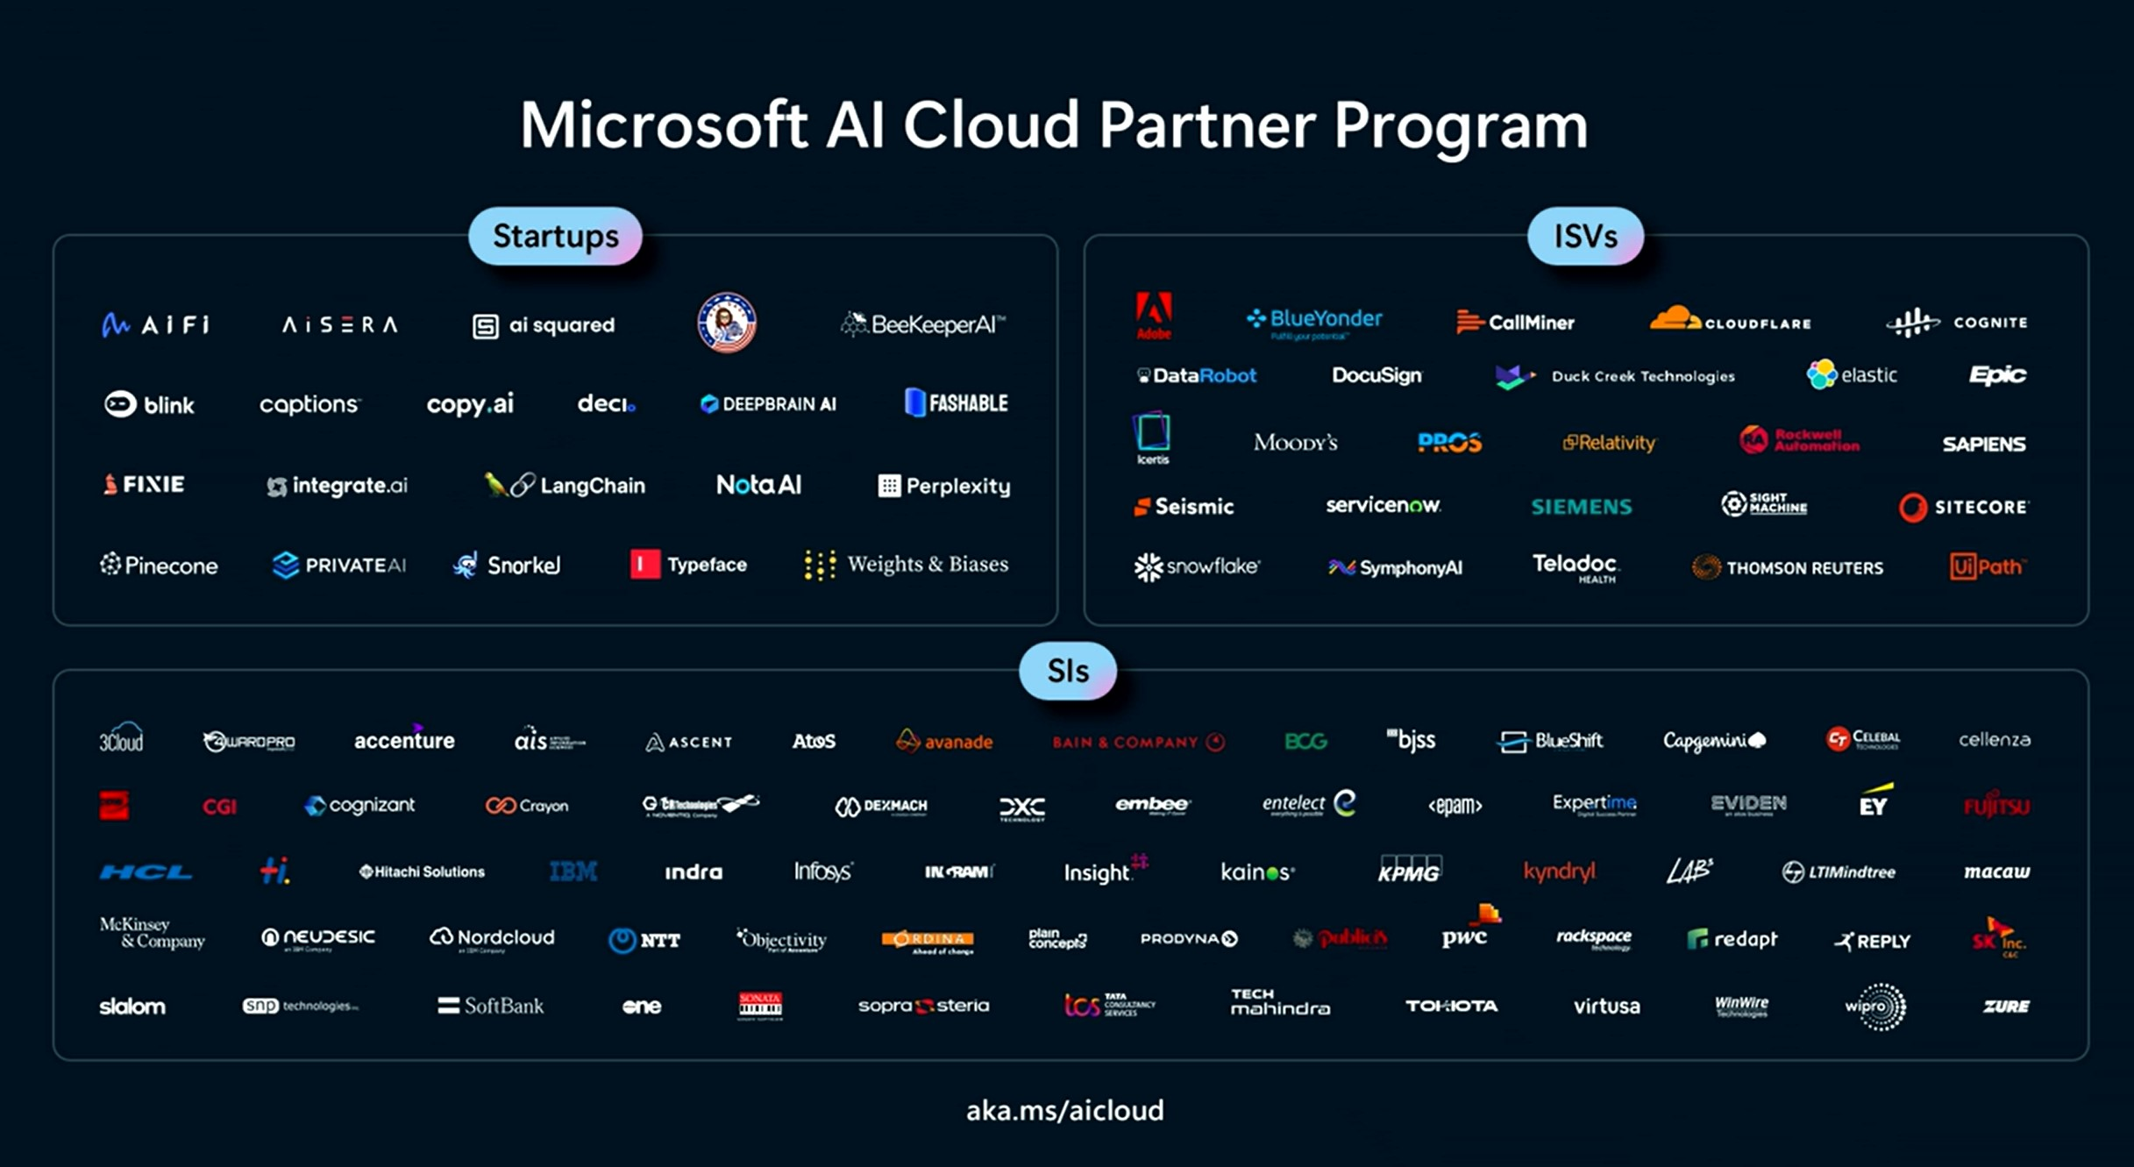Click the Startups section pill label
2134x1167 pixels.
(555, 236)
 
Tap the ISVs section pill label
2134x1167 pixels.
(1584, 236)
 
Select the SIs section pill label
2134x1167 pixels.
(1067, 671)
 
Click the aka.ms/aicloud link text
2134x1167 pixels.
(1064, 1110)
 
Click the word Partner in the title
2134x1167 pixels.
(1206, 125)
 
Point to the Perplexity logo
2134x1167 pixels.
(943, 486)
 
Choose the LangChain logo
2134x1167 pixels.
(565, 485)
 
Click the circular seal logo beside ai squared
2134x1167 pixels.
(726, 323)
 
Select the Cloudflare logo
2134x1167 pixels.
(1729, 320)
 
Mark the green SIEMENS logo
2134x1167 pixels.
(1581, 507)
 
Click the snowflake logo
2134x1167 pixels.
(1196, 567)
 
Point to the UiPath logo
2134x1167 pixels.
(1986, 566)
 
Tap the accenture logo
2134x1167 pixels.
(404, 740)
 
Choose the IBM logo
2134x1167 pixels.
(573, 872)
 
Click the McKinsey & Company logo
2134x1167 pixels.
(152, 933)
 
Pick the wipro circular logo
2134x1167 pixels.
(1875, 1007)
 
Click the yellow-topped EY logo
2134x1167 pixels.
(1874, 801)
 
